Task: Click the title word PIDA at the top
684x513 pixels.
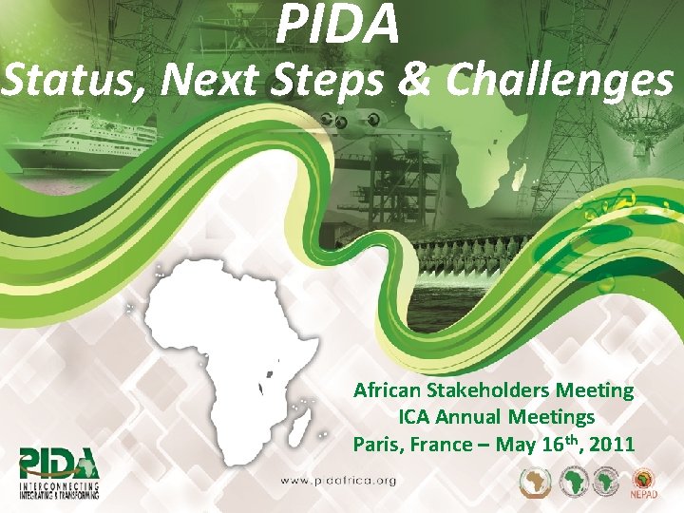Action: pyautogui.click(x=338, y=25)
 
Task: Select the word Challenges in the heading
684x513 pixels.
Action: pyautogui.click(x=560, y=83)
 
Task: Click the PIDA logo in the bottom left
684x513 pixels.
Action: pyautogui.click(x=59, y=470)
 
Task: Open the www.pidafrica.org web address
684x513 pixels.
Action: pyautogui.click(x=336, y=481)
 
